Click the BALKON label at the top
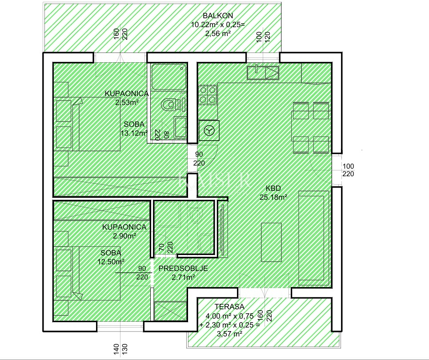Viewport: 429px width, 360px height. (218, 16)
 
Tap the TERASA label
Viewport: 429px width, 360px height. (229, 307)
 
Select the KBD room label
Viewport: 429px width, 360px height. (273, 188)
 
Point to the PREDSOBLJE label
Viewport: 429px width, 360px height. (183, 269)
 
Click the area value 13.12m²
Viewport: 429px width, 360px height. (134, 133)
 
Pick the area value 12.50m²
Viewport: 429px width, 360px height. (111, 262)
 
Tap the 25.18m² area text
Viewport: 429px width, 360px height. (273, 197)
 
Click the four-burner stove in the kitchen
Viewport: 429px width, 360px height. (208, 95)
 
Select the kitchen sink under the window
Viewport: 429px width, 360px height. (263, 72)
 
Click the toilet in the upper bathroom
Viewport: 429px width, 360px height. (172, 104)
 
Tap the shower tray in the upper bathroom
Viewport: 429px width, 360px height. (169, 77)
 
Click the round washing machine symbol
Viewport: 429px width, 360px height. (209, 130)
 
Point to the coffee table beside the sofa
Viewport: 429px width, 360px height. (271, 242)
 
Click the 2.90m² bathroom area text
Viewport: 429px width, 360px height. (125, 236)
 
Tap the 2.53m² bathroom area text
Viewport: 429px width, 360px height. (127, 103)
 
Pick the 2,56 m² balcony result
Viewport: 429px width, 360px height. (217, 33)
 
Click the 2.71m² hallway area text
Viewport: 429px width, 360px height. (183, 277)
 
